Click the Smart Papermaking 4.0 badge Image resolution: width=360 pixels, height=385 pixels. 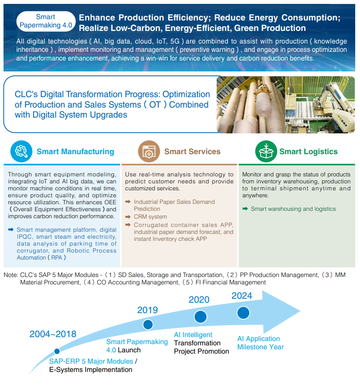46,21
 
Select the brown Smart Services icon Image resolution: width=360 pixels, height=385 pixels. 149,151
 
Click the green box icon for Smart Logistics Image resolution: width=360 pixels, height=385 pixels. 265,151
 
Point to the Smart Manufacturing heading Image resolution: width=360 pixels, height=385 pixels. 75,152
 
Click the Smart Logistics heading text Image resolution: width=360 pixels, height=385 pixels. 308,152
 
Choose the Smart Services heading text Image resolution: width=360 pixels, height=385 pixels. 192,152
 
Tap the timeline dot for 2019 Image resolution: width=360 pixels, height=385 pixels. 148,324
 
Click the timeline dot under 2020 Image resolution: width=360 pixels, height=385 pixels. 200,317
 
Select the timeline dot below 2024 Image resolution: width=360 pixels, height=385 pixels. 243,312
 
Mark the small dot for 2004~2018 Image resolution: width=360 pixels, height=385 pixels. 57,351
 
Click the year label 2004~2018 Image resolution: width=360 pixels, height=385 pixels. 53,334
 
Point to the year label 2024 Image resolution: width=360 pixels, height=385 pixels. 241,296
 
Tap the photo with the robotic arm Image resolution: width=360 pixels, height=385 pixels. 320,105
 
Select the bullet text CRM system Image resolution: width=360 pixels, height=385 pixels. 150,216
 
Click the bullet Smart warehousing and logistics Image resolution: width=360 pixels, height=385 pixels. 293,209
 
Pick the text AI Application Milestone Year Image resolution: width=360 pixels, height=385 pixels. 260,343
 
